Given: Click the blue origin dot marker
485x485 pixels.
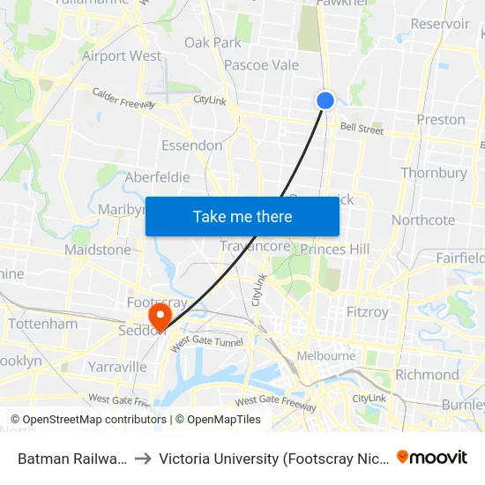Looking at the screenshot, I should click(325, 101).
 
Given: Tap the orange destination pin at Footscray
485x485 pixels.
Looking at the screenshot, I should click(160, 315).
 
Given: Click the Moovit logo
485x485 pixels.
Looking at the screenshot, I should click(432, 457).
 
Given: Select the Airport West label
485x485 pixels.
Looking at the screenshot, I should click(122, 56).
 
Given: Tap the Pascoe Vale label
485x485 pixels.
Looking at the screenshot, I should click(261, 64).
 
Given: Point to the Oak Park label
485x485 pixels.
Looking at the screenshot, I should click(213, 42).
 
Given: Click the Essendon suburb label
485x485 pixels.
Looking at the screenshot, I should click(191, 145).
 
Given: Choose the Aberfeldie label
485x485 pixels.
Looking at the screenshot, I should click(157, 177).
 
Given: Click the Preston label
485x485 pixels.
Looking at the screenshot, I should click(440, 119).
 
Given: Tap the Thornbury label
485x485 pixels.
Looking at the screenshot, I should click(434, 173).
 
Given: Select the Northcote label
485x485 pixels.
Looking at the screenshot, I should click(423, 220).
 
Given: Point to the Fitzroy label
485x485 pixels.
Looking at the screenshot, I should click(367, 312).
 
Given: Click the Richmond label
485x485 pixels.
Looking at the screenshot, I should click(427, 374).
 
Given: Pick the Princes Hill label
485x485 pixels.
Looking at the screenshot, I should click(335, 250).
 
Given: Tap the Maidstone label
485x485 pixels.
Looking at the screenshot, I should click(98, 250).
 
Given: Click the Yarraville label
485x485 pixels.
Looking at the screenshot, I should click(117, 367).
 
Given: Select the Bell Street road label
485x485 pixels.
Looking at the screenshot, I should click(362, 131).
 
